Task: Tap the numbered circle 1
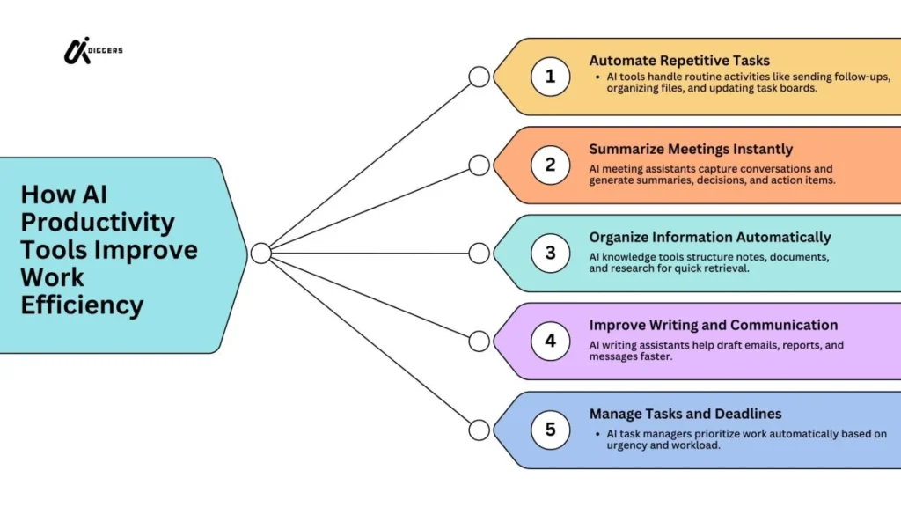tap(550, 77)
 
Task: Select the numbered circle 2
tap(550, 165)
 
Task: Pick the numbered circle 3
tap(550, 253)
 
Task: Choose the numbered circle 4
tap(550, 341)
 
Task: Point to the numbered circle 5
tap(550, 430)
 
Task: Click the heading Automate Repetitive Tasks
tap(679, 61)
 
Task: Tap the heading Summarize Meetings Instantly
tap(691, 149)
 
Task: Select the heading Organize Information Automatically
tap(709, 237)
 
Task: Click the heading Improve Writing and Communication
tap(713, 325)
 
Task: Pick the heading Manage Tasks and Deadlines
tap(685, 413)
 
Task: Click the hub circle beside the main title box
tap(260, 253)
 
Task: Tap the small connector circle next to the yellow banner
tap(479, 77)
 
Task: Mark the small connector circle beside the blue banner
tap(479, 430)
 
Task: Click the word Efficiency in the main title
tap(82, 305)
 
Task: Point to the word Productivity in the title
tap(98, 222)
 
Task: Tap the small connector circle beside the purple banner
tap(479, 341)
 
